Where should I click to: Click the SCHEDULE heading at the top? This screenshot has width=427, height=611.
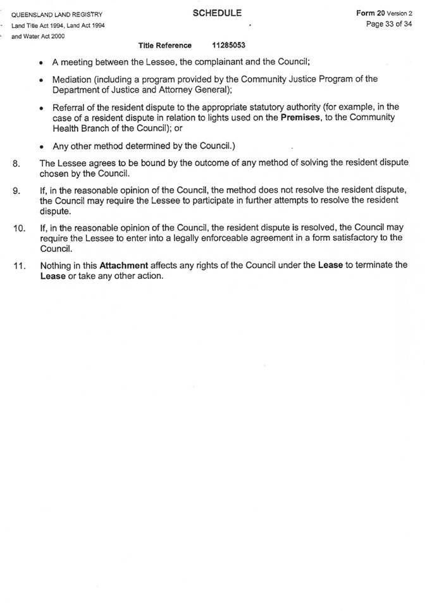tap(217, 13)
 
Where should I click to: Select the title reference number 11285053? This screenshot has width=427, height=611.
tap(229, 46)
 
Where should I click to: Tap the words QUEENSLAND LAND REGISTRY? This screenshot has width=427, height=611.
tap(56, 15)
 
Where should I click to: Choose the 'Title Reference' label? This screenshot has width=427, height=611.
tap(164, 46)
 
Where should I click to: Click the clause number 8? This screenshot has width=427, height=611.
tap(16, 163)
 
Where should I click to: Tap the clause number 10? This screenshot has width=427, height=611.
tap(18, 228)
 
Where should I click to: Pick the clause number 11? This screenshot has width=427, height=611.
tap(18, 266)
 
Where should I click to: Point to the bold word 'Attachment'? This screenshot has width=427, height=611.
tap(124, 266)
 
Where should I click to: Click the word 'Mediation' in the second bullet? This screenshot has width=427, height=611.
tap(73, 79)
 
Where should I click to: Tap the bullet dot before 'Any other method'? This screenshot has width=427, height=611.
tap(41, 146)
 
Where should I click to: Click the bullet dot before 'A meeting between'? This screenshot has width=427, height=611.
tap(41, 63)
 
